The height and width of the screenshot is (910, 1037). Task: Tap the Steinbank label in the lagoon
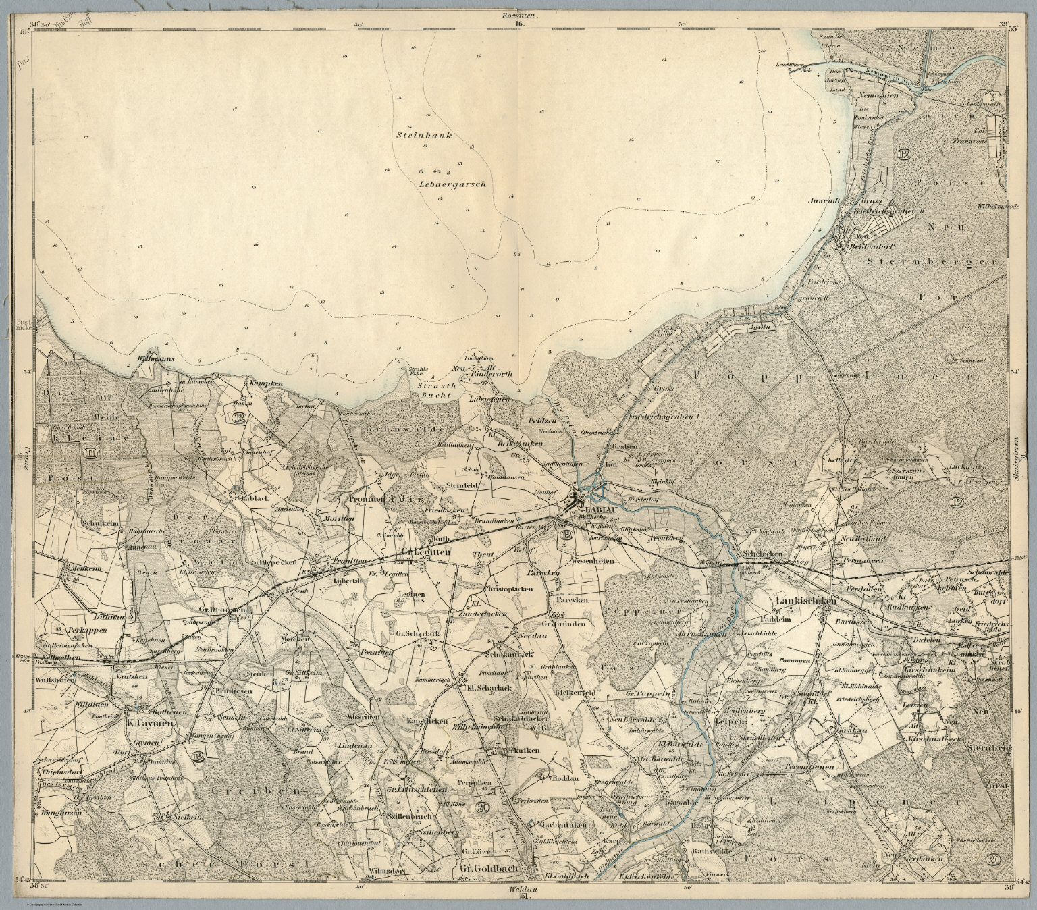[x=423, y=135]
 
